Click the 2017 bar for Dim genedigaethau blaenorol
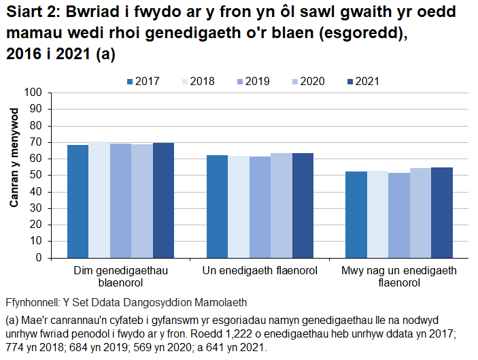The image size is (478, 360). (x=78, y=201)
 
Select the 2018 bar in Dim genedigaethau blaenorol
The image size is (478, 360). (x=99, y=200)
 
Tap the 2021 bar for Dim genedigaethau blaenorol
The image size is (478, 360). (x=163, y=201)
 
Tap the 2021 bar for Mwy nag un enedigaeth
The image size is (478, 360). (x=442, y=213)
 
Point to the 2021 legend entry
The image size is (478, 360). (x=366, y=82)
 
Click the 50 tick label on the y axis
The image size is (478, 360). (x=37, y=176)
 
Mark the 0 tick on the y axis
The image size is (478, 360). (x=39, y=258)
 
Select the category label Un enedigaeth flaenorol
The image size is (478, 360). (x=260, y=272)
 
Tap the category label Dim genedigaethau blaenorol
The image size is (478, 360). (x=120, y=277)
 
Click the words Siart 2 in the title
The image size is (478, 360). (x=31, y=14)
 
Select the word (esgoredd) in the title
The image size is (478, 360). (x=366, y=35)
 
